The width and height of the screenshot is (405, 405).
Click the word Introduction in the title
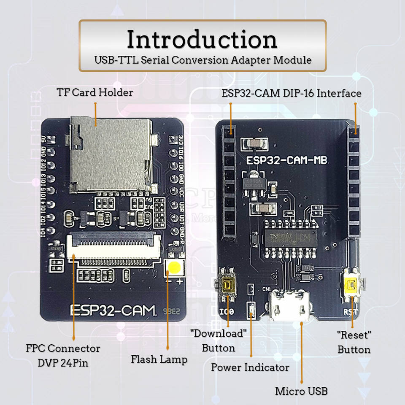(x=202, y=40)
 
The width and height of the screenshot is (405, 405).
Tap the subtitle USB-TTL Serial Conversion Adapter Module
(x=202, y=60)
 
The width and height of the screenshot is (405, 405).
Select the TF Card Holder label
(x=94, y=92)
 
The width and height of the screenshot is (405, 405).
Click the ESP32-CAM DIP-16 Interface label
(x=292, y=93)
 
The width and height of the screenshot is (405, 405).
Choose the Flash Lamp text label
(x=159, y=359)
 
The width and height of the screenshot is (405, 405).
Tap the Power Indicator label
(x=250, y=367)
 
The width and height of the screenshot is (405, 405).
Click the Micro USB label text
(x=301, y=391)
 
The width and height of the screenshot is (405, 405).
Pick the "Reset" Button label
(x=354, y=342)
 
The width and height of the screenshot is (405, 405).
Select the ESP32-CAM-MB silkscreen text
(x=288, y=161)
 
